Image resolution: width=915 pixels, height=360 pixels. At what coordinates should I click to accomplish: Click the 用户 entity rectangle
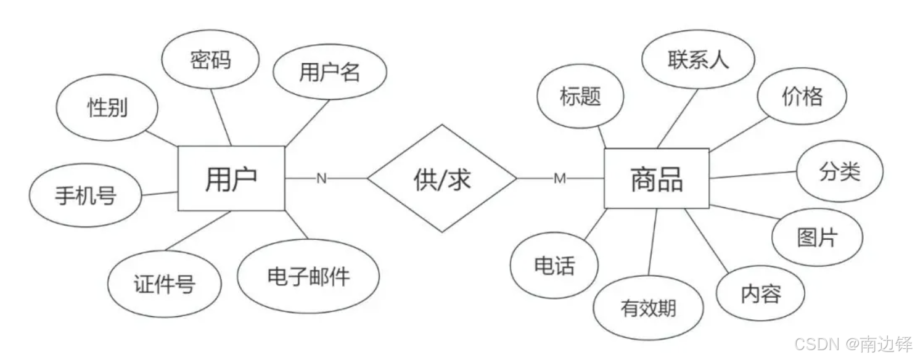click(231, 179)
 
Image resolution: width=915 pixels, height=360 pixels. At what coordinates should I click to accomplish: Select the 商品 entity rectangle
click(656, 179)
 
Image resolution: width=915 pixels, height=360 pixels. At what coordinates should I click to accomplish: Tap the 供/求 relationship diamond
click(442, 179)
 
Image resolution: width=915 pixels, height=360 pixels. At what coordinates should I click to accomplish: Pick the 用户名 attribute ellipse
click(329, 72)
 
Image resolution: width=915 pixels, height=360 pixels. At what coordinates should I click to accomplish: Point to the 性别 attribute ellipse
click(107, 108)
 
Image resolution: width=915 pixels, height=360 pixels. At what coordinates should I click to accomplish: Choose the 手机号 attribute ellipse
click(86, 196)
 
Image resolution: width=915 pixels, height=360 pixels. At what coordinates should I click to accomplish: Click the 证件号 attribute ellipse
click(164, 284)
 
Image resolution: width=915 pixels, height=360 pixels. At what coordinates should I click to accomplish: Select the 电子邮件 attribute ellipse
click(308, 276)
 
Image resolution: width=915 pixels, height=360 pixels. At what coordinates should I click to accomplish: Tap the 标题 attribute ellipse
click(580, 96)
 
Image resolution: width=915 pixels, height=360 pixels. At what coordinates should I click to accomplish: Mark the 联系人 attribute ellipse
click(698, 60)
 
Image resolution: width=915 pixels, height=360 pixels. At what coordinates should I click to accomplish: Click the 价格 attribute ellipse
click(802, 96)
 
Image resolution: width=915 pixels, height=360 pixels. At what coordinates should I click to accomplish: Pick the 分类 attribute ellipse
click(839, 172)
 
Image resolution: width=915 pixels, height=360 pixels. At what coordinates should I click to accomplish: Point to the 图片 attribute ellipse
click(817, 237)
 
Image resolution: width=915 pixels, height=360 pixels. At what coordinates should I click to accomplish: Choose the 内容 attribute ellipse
click(761, 293)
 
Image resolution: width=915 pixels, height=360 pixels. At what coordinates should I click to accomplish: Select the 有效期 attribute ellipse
click(648, 308)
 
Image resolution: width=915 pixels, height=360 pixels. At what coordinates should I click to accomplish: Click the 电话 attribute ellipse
click(554, 266)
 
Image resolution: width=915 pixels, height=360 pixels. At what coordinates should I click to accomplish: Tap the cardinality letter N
click(321, 179)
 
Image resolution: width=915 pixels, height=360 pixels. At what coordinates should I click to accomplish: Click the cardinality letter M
click(559, 179)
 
